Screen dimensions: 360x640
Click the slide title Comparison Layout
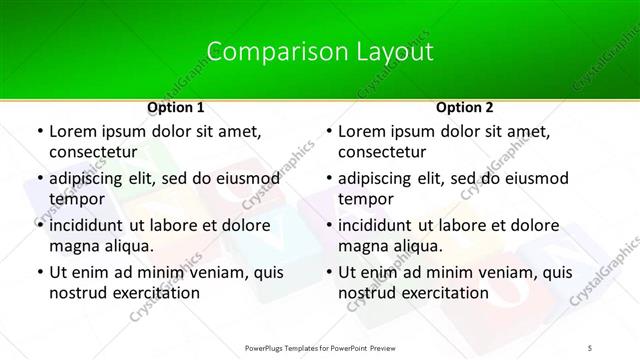coord(320,52)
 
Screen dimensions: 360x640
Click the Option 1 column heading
coord(176,106)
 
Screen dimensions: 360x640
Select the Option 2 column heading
coord(464,106)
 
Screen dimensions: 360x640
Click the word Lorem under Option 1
coord(74,130)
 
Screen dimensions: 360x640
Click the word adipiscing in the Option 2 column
coord(378,177)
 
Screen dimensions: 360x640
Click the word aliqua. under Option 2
coord(414,246)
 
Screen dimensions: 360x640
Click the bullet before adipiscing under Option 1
coord(39,178)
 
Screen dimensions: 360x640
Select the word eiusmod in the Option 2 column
coord(533,177)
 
